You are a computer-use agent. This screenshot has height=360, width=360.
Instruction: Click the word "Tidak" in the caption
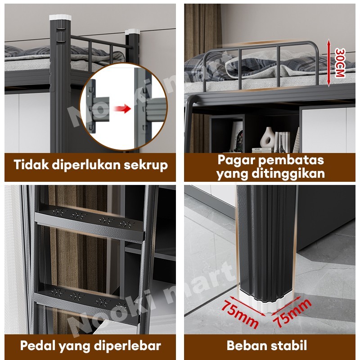point(31,165)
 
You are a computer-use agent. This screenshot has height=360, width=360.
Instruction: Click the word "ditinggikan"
point(288,174)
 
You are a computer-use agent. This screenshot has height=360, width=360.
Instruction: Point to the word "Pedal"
point(37,346)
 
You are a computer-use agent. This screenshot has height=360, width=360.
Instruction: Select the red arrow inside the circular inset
point(122,108)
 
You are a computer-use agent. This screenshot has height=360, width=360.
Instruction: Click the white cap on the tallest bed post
point(60,17)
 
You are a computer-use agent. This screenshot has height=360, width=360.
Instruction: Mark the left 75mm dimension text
point(240,314)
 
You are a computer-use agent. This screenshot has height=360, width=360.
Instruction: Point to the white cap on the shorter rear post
point(132,31)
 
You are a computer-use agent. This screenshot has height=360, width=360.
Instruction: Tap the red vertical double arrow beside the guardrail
point(329,63)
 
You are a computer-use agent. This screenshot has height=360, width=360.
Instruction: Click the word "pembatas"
point(291,161)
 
